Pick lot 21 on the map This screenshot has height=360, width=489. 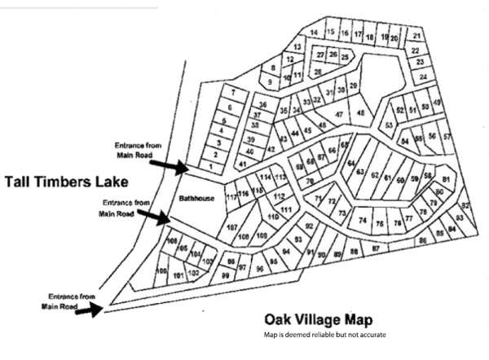[416, 36]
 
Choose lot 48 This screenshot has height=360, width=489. [359, 112]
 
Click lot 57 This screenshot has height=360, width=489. [446, 136]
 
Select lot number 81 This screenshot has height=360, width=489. [446, 179]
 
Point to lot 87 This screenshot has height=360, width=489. [376, 247]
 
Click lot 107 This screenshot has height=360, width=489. [231, 226]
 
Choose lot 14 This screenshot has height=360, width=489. [314, 33]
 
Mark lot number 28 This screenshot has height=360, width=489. [318, 72]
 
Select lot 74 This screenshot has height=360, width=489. [360, 221]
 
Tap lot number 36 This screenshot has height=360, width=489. [262, 105]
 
